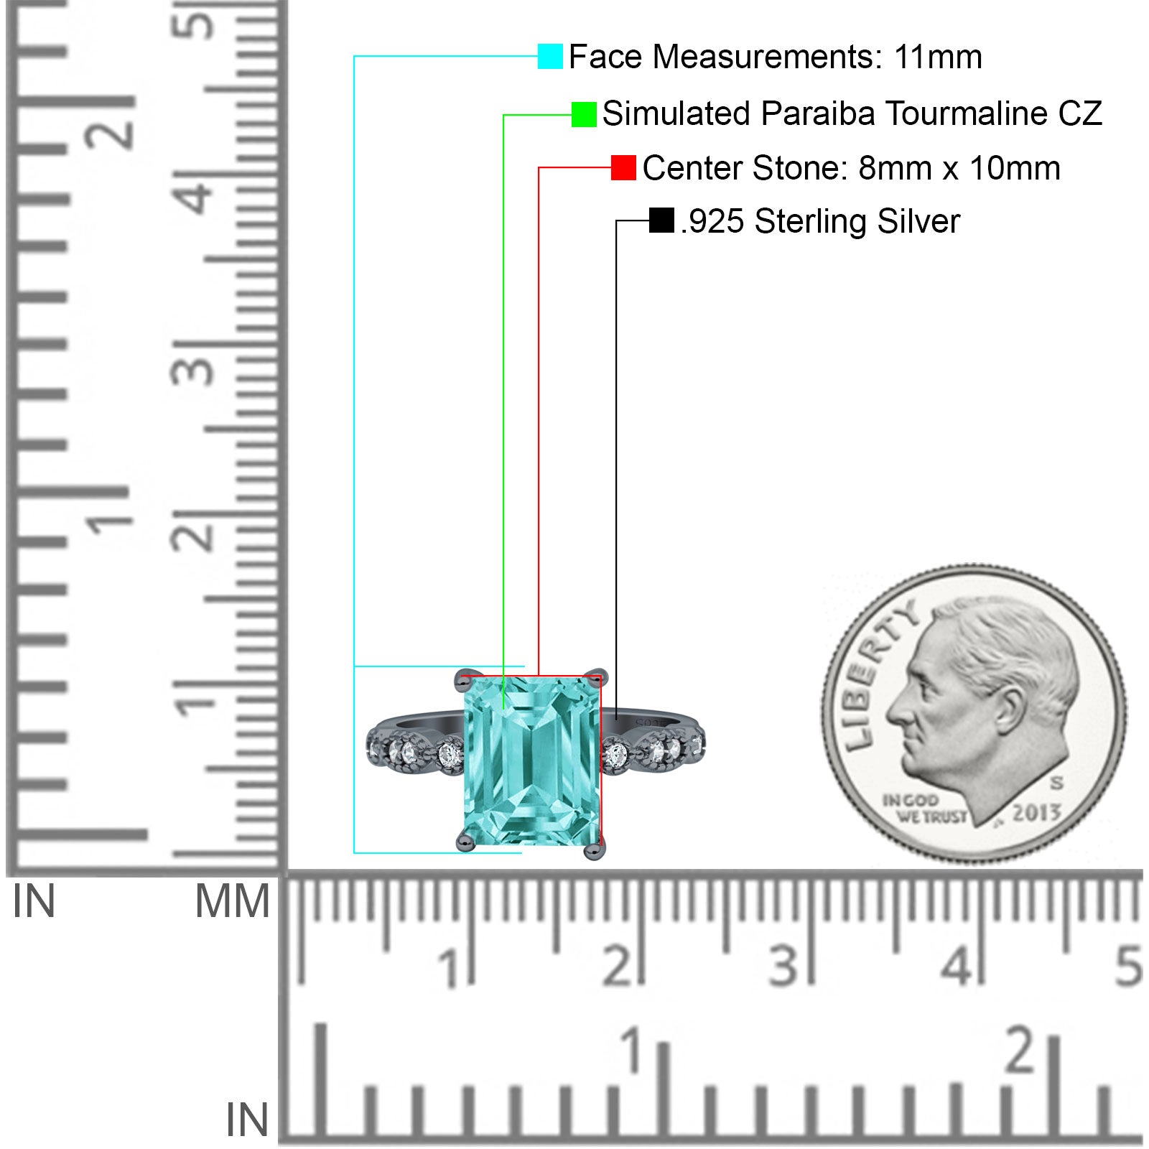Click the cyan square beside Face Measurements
coord(550,56)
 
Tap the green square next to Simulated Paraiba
coord(584,114)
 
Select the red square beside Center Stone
coord(623,168)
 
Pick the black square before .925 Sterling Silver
coord(661,220)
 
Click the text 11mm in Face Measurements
coord(938,57)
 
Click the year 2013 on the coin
coord(1036,812)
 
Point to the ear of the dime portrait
coord(1010,708)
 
